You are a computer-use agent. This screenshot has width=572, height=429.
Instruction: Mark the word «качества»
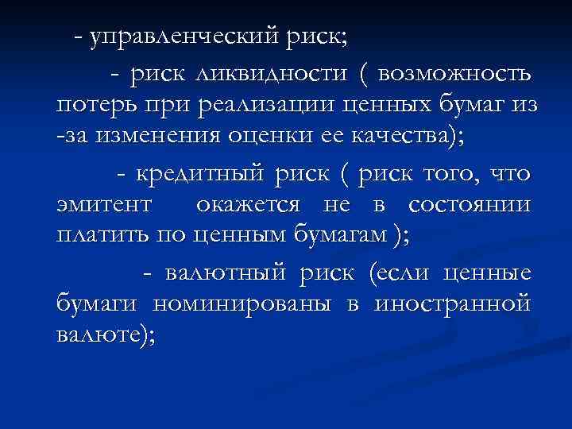click(x=380, y=136)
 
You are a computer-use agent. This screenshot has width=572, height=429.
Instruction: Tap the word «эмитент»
click(x=104, y=204)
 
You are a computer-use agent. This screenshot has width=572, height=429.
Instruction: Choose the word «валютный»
click(x=226, y=272)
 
